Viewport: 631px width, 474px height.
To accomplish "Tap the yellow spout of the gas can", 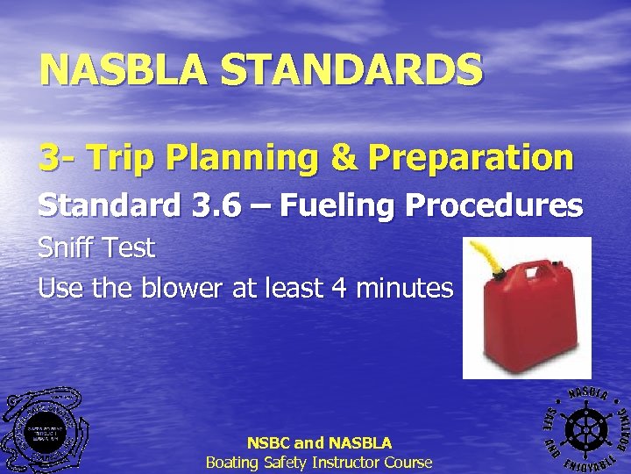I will click(x=482, y=259).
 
